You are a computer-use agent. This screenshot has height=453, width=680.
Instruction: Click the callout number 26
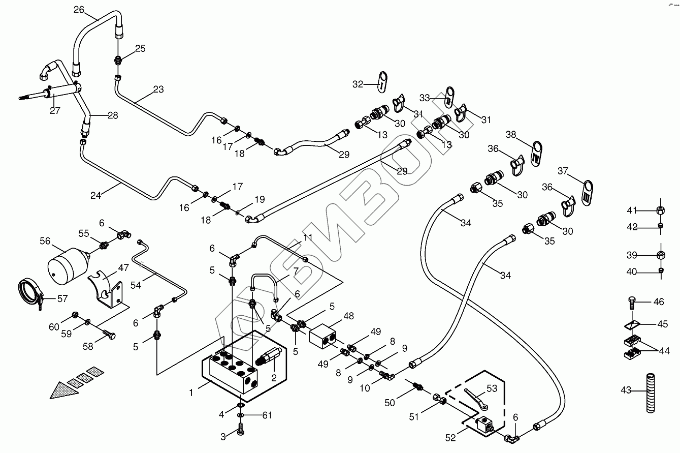[78, 10]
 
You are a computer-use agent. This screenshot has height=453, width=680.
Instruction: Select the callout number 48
[348, 316]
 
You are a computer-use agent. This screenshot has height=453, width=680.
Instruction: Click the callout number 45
[663, 324]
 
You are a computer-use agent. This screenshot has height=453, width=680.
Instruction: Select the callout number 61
[267, 415]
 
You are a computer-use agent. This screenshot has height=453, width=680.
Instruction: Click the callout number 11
[308, 237]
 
